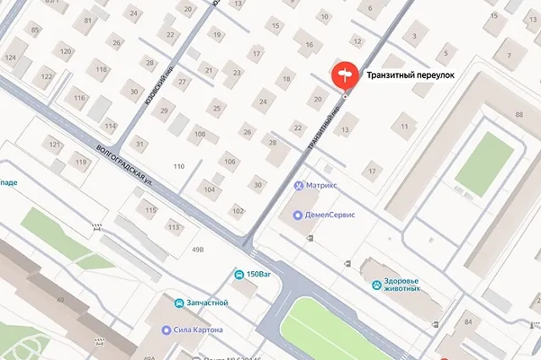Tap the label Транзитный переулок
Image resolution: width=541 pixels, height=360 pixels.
coord(410,75)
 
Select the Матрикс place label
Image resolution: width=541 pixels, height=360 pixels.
coord(320,184)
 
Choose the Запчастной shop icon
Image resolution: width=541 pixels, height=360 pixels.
coord(178,303)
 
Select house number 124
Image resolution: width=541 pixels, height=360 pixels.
coord(10,57)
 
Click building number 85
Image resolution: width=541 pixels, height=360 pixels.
coord(35,30)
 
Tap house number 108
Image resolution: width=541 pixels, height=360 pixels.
coord(199,134)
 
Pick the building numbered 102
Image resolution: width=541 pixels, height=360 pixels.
coord(238,210)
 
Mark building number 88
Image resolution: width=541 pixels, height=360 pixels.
coord(517,114)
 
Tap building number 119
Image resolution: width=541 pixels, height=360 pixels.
coord(80,161)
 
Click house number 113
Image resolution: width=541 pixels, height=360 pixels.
coord(173,226)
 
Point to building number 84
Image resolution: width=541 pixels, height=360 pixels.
coord(468,323)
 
